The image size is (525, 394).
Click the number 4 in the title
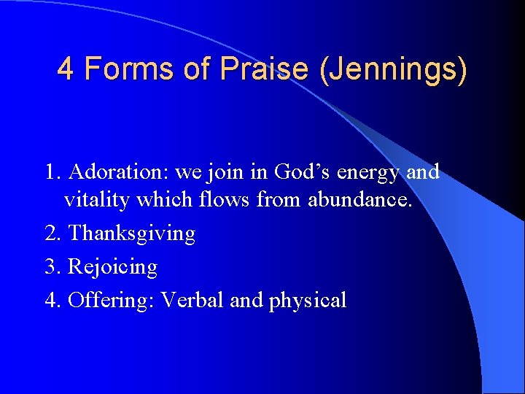click(x=65, y=69)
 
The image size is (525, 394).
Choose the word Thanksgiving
click(x=131, y=233)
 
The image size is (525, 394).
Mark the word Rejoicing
click(x=112, y=267)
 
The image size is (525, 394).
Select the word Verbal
click(x=192, y=300)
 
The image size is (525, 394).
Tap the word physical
click(x=307, y=301)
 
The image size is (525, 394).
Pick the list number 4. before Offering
click(x=52, y=300)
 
